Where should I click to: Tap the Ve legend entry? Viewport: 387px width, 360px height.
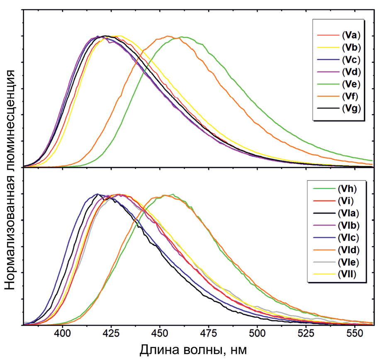(x=349, y=83)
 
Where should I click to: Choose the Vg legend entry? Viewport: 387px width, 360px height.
(x=349, y=109)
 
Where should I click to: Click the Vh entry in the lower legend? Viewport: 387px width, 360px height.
(x=347, y=189)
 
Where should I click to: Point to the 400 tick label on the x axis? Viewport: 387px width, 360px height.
(x=62, y=333)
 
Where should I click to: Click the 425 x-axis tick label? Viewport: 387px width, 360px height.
(x=111, y=333)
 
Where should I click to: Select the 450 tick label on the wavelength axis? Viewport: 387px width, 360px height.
(x=160, y=333)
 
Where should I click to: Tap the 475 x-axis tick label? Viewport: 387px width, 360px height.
(x=208, y=333)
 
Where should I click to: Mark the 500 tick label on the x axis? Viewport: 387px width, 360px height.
(x=257, y=333)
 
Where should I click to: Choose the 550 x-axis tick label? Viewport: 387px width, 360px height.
(x=355, y=333)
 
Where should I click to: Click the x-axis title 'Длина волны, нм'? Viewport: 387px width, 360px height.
(x=193, y=350)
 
